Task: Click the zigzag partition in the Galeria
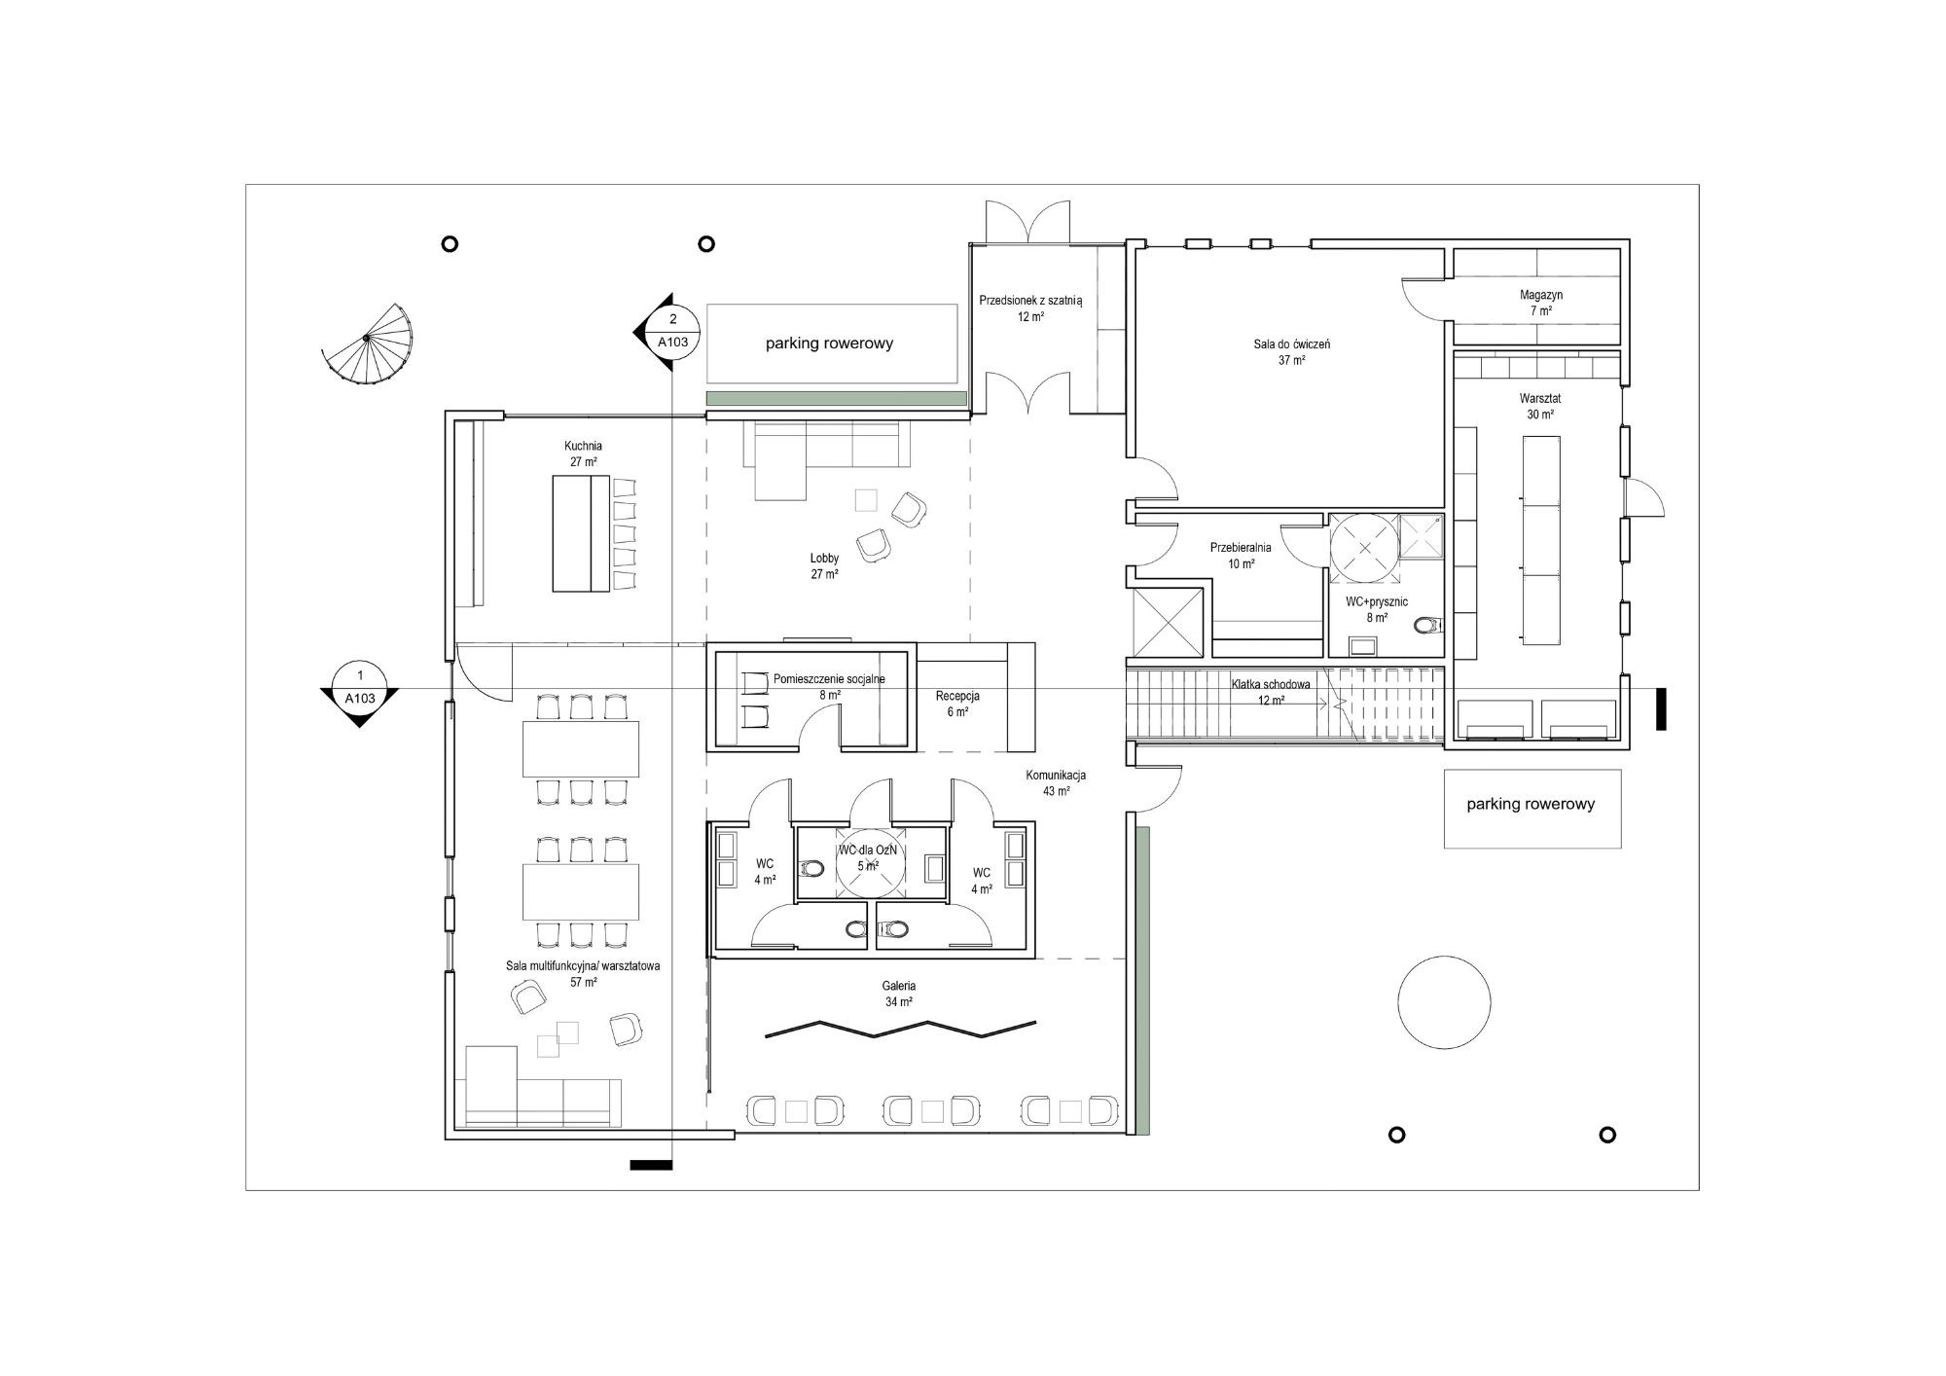(x=900, y=1029)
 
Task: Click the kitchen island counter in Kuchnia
(x=581, y=533)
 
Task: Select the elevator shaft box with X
(x=1173, y=622)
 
